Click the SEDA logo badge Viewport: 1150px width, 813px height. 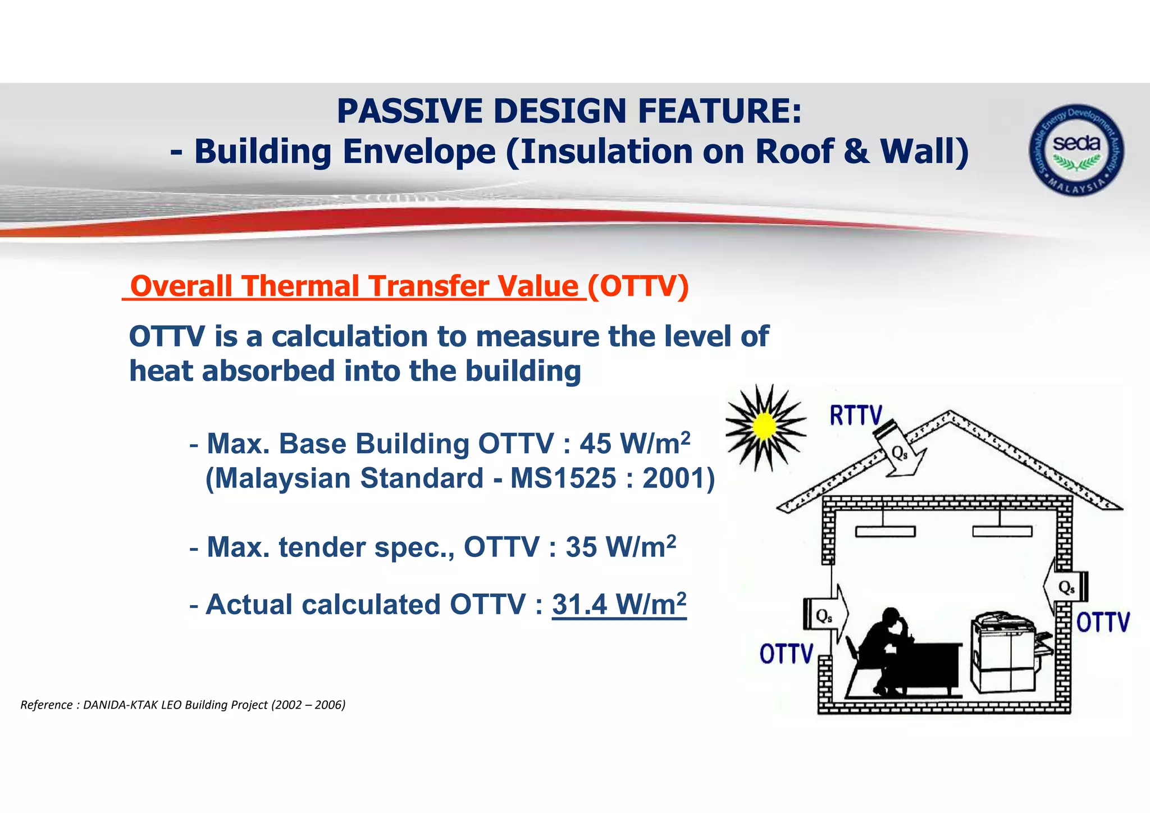(1076, 150)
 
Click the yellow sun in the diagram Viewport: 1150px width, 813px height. (764, 427)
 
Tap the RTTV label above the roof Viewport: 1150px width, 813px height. (856, 416)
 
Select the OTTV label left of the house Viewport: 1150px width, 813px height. (786, 654)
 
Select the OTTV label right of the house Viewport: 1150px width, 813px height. (1103, 623)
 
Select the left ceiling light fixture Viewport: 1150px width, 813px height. (885, 531)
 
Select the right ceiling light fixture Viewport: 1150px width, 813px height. (1002, 531)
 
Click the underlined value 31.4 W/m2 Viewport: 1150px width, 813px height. (619, 605)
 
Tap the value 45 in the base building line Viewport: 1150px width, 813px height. (595, 444)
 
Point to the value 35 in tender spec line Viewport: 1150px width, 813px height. (581, 547)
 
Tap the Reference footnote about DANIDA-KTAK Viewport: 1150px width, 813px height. (183, 705)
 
